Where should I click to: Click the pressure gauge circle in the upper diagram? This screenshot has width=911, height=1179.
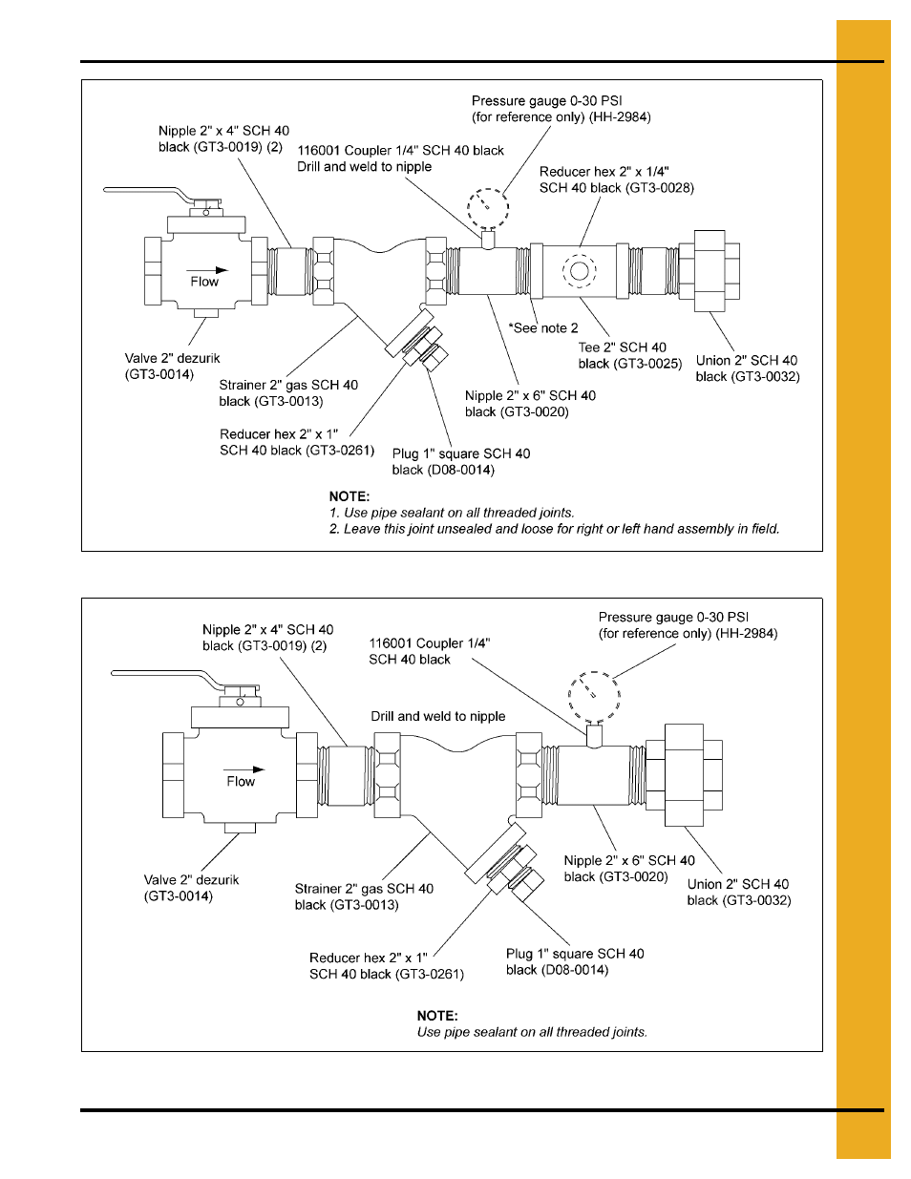click(487, 207)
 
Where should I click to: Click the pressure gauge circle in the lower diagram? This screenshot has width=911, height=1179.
click(594, 697)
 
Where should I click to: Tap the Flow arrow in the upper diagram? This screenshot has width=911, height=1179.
click(207, 270)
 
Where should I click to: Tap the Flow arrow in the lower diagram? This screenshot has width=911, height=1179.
click(244, 769)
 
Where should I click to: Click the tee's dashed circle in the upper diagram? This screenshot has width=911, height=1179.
click(579, 271)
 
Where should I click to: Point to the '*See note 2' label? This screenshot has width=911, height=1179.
click(543, 328)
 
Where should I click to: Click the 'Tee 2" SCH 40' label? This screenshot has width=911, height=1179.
click(623, 347)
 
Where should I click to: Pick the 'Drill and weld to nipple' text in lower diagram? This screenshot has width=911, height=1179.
click(438, 716)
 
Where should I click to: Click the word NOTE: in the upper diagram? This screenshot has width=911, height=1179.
click(350, 496)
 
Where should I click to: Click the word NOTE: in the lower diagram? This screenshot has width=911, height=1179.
click(437, 1016)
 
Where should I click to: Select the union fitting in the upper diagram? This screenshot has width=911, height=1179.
click(710, 270)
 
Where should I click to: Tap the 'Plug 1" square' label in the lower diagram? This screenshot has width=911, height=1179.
click(575, 954)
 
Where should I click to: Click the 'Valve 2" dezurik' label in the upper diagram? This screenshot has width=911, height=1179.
click(173, 358)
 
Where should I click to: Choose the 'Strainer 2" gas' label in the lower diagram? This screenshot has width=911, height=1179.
click(364, 889)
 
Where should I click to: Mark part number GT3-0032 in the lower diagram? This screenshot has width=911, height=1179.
click(758, 900)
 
